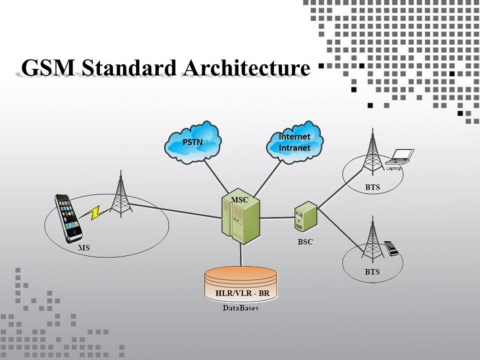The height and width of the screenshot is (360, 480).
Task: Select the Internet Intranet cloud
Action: tap(295, 142)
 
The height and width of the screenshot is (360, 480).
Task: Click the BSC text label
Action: tap(306, 242)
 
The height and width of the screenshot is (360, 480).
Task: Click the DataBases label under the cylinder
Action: tap(241, 308)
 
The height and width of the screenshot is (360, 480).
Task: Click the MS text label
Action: tap(84, 248)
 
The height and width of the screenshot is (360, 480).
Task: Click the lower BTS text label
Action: tap(372, 272)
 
